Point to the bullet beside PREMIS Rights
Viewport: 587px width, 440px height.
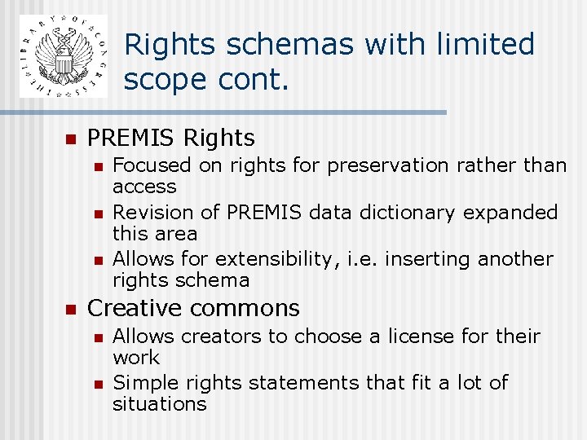(71, 139)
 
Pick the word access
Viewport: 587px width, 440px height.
(144, 187)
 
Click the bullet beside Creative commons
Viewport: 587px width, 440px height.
(71, 309)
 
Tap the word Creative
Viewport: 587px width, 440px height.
(134, 308)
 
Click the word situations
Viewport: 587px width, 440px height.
(159, 404)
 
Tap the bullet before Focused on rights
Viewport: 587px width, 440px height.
(97, 166)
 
